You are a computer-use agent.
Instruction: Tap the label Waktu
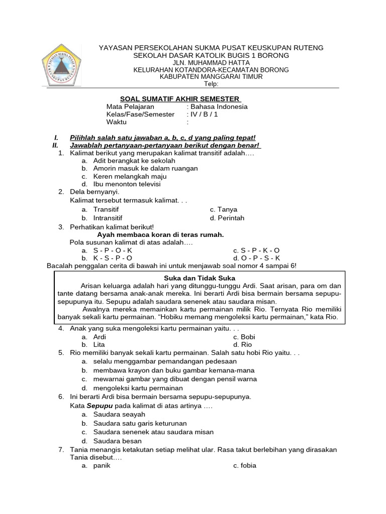pos(117,122)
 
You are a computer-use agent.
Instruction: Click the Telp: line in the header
pos(211,84)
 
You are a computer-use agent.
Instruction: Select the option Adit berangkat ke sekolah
pos(134,161)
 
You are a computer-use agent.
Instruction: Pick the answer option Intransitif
pos(108,218)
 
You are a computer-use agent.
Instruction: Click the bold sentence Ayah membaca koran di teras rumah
pos(160,234)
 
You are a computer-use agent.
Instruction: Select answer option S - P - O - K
pos(113,250)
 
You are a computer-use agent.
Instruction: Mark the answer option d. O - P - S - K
pos(256,258)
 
